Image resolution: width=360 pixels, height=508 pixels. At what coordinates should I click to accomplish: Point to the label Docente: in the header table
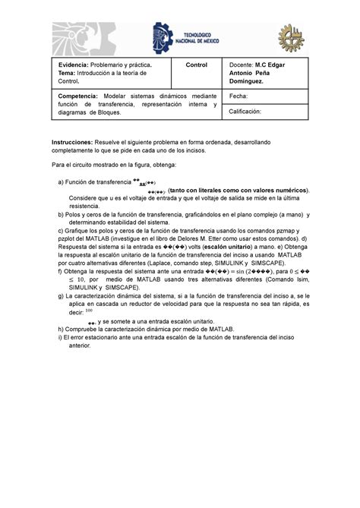(x=242, y=66)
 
